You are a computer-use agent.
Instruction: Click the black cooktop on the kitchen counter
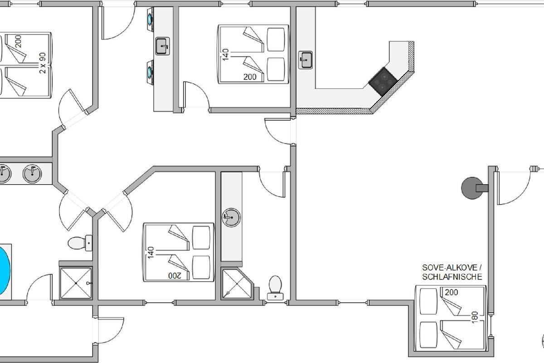[x=383, y=82]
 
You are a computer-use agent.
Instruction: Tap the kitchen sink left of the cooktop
[x=305, y=60]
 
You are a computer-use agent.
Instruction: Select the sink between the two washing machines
[x=162, y=46]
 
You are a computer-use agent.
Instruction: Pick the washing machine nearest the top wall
[x=150, y=20]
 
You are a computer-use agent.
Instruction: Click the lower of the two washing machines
[x=150, y=72]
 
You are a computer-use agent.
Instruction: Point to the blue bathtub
[x=5, y=271]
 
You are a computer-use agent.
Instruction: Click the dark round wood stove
[x=472, y=188]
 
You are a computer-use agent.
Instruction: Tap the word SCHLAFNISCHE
[x=452, y=277]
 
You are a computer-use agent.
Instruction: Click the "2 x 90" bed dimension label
[x=42, y=63]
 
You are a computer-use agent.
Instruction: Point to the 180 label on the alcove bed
[x=474, y=317]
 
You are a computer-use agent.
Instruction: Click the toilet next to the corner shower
[x=276, y=288]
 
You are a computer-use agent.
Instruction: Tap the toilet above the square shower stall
[x=80, y=243]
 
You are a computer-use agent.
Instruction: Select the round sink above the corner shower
[x=231, y=217]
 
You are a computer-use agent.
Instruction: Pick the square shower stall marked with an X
[x=76, y=283]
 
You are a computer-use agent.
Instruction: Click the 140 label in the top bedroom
[x=225, y=55]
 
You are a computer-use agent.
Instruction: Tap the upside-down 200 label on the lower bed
[x=175, y=275]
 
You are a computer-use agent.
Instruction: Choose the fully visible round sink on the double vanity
[x=32, y=174]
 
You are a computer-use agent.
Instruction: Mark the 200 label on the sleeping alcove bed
[x=451, y=292]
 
